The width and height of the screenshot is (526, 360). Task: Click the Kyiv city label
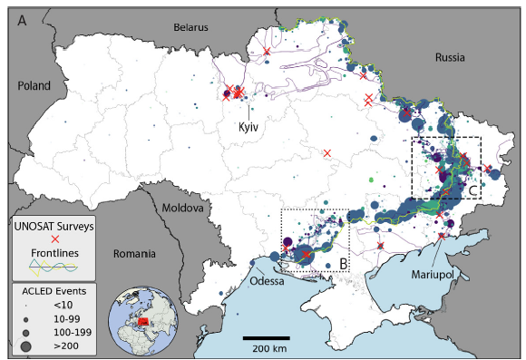pyautogui.click(x=249, y=128)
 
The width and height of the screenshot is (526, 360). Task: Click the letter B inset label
pyautogui.click(x=343, y=265)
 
